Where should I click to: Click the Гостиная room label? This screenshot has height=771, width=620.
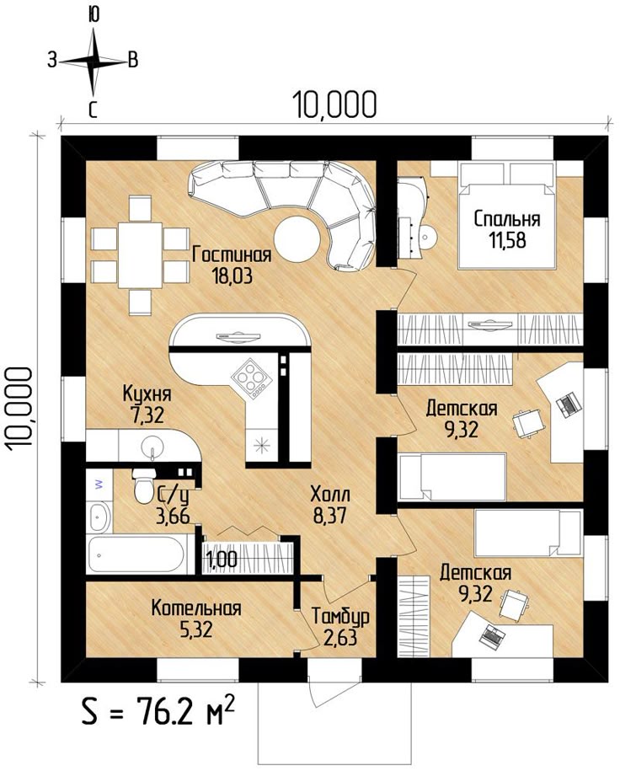[232, 255]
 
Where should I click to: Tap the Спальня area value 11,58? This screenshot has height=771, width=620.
[507, 240]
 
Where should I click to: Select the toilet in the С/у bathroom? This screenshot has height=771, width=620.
[144, 486]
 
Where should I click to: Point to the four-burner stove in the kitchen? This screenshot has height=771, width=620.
[251, 378]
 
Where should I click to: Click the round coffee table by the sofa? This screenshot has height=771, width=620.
[297, 239]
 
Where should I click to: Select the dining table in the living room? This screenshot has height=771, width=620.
[140, 255]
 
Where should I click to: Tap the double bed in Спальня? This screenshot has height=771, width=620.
[507, 216]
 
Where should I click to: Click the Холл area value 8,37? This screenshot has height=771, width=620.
[329, 516]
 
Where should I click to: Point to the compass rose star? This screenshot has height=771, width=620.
[94, 62]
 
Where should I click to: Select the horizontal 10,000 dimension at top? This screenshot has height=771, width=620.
[334, 104]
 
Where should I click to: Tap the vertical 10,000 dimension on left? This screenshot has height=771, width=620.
[19, 408]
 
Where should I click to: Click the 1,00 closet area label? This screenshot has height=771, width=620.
[222, 560]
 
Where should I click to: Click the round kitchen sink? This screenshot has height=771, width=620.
[152, 447]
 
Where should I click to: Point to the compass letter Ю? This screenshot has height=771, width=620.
[94, 16]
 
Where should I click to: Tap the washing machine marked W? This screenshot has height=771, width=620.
[99, 485]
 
